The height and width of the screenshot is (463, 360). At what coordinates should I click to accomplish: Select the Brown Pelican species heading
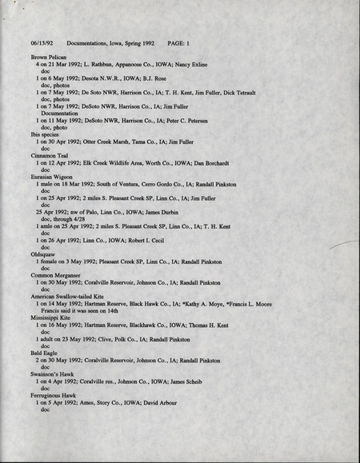pos(50,58)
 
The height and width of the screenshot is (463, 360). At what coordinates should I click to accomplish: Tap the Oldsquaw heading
pos(46,254)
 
